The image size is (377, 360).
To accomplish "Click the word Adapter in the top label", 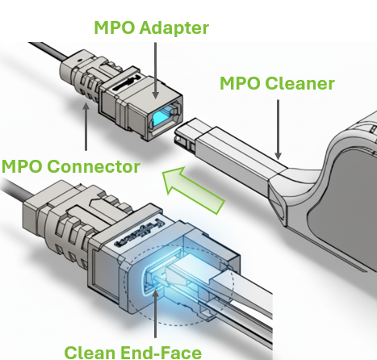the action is pos(174,28).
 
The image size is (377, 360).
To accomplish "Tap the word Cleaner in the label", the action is pos(300,83).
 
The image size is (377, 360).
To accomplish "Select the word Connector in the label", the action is pos(94,166).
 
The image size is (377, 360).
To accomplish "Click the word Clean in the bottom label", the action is pos(90,353).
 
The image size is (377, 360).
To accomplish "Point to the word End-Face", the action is pos(161,353).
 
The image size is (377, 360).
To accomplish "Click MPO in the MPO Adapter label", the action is pos(115,27).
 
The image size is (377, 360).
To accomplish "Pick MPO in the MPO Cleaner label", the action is pos(241,83).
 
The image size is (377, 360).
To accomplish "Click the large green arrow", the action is pos(193,190).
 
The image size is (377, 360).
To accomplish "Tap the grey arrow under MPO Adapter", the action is pos(155,70).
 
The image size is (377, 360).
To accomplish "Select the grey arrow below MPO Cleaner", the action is pos(279,129).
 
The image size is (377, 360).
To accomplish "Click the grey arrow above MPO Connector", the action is pos(86,127).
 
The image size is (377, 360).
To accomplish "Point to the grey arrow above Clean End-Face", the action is pos(156,313).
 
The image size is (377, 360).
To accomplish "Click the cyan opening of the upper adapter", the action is pos(161,116).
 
